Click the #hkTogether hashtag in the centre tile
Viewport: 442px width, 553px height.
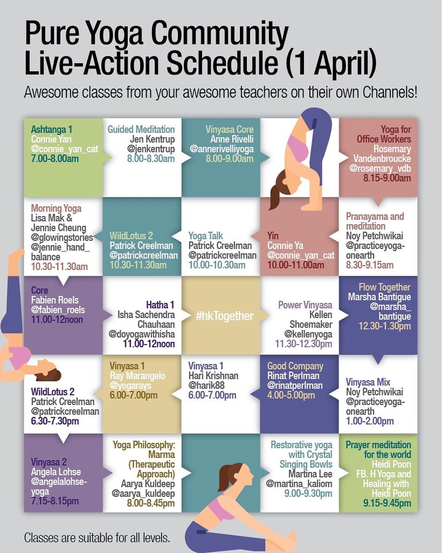coord(224,316)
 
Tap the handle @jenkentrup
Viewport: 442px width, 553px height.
coord(151,149)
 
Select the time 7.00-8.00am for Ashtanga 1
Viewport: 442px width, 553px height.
coord(55,158)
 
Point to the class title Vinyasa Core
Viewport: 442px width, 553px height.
coord(230,129)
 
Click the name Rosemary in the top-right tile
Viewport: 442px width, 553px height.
coord(392,149)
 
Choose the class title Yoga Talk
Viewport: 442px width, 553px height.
coord(205,236)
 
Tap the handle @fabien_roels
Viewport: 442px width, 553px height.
coord(58,310)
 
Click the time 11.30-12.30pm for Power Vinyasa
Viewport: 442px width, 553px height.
coord(303,344)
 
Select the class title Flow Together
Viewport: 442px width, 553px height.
coord(385,287)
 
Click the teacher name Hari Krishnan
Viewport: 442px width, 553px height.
coord(213,376)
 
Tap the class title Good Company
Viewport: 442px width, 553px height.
coord(295,366)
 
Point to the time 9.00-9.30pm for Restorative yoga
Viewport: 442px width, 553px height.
coord(308,493)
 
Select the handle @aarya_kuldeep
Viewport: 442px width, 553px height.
coord(143,493)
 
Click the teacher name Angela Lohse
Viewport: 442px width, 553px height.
coord(56,472)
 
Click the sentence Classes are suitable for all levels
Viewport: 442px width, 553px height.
coord(97,537)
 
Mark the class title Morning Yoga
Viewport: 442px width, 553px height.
coord(56,208)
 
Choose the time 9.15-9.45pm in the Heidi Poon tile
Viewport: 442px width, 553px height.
coord(387,503)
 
